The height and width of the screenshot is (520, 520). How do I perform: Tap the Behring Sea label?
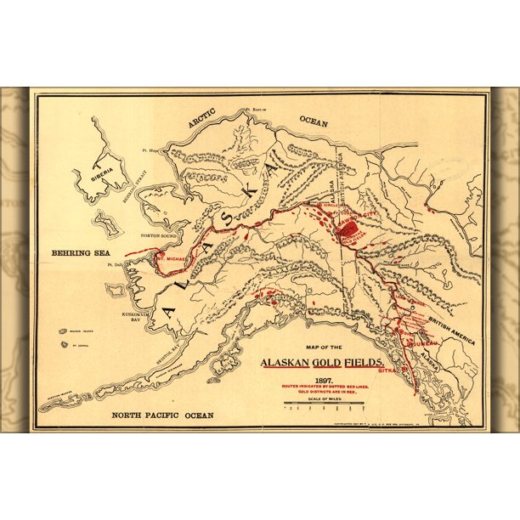(x=71, y=252)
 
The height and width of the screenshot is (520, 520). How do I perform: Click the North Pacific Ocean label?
(x=164, y=415)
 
